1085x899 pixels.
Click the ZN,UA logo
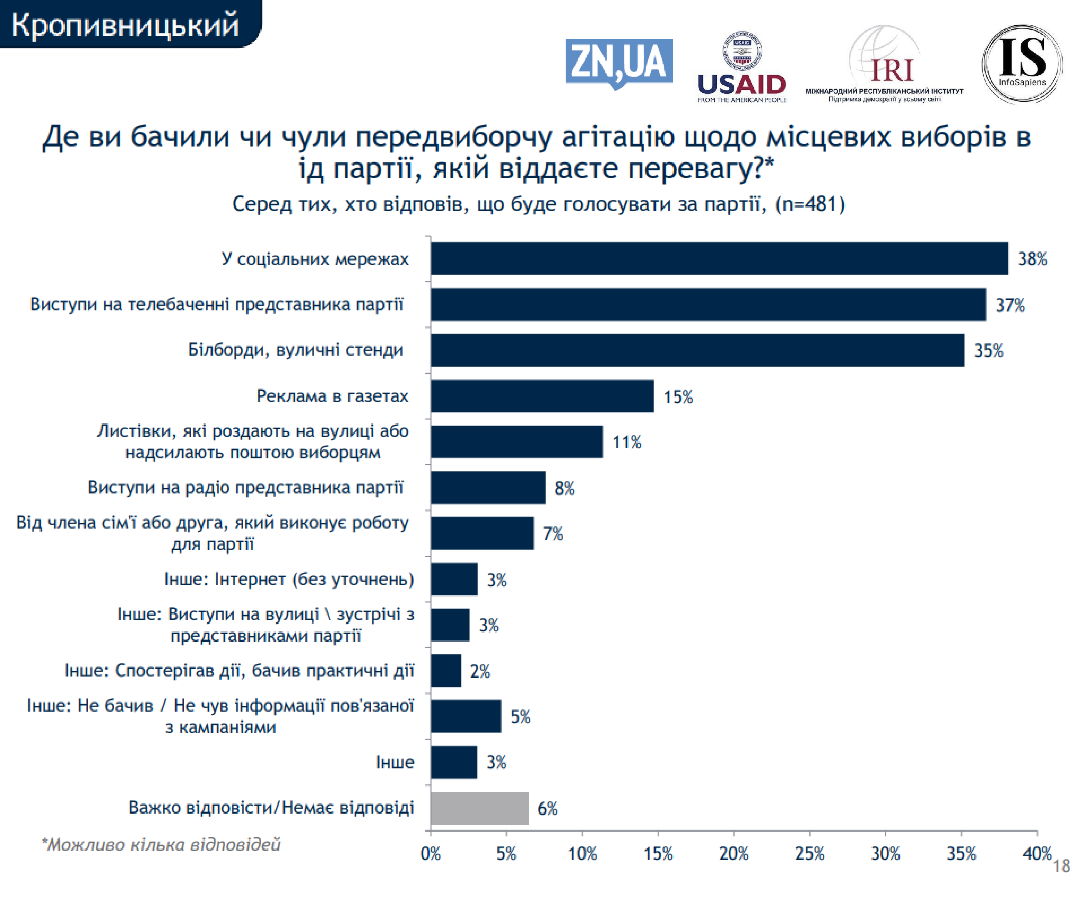(x=618, y=63)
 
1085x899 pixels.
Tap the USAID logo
(x=741, y=67)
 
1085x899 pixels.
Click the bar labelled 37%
(x=708, y=304)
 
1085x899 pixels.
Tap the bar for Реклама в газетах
(x=542, y=396)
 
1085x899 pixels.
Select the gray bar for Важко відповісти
(x=480, y=808)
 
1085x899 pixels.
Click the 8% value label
(x=564, y=488)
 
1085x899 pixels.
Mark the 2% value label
(x=480, y=671)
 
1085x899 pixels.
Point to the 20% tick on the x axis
(x=734, y=853)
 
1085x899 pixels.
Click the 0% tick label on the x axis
(x=430, y=853)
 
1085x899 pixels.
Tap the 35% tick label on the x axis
(x=961, y=853)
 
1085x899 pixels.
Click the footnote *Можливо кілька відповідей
(x=161, y=845)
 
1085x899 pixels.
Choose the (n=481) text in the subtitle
(x=810, y=204)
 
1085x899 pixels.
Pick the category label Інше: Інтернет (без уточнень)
(x=289, y=579)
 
